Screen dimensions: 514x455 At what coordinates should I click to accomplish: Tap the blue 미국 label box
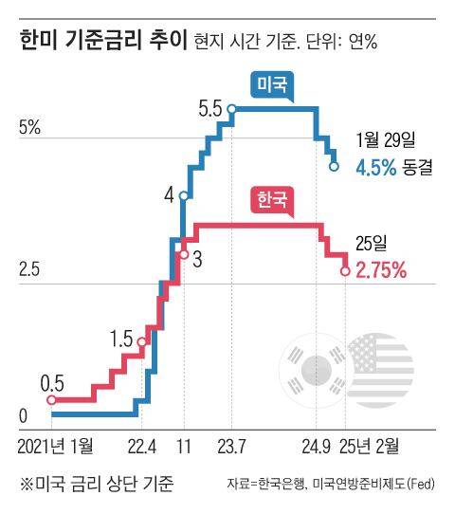[273, 86]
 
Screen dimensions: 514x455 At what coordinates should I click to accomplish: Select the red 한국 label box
[271, 201]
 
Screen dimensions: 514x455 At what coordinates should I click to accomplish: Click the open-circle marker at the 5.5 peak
[231, 110]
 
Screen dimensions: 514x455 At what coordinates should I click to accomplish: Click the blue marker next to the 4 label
[183, 196]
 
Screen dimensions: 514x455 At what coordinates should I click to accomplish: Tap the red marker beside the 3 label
[183, 253]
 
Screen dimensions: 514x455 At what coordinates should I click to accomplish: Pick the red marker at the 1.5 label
[141, 342]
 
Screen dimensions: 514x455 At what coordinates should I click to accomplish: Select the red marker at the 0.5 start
[52, 399]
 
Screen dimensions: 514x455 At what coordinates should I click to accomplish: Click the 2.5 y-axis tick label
[29, 270]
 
